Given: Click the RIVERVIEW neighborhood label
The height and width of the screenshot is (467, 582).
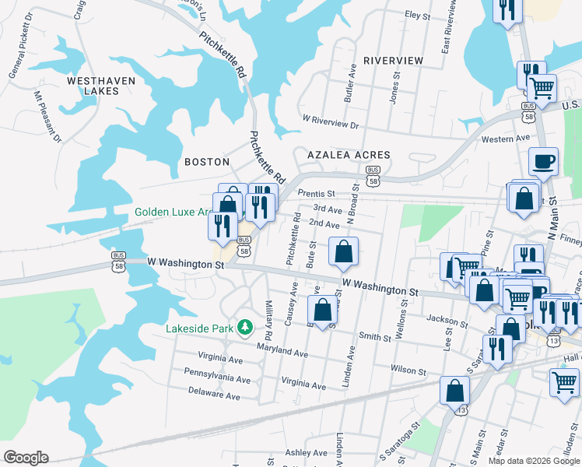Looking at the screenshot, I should coord(394,61).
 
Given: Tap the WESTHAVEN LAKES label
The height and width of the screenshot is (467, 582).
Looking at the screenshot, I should coord(101,86).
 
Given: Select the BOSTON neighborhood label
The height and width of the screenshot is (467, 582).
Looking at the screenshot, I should coord(206,162).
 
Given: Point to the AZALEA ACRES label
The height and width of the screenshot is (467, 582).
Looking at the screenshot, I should coord(348,155).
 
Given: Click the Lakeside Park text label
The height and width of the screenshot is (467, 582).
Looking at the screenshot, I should coord(199,328).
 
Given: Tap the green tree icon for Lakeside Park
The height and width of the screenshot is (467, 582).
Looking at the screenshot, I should coord(245,326).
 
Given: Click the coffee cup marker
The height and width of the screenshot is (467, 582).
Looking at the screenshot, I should coord(543,162).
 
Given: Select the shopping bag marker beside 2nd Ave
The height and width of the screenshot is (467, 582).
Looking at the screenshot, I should coord(343,251).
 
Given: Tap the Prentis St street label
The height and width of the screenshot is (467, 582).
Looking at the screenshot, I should coord(316,193).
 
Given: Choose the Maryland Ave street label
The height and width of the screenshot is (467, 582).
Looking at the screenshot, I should coord(286,353).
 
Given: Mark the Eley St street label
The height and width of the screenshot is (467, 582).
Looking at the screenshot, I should coord(417,15).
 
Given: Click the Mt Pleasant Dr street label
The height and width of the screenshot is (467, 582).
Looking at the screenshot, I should coord(47,118).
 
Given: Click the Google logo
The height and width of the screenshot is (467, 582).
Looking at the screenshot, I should coord(26,458).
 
